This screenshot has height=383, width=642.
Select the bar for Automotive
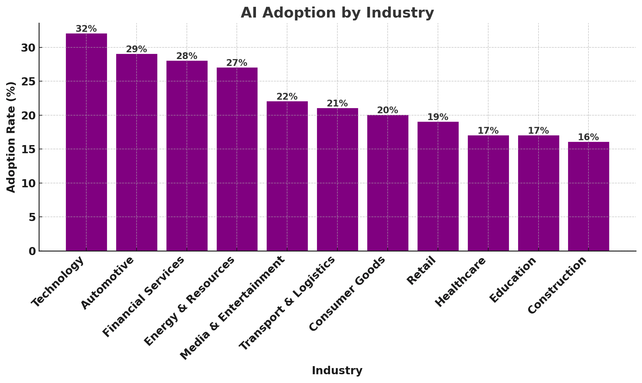(x=137, y=152)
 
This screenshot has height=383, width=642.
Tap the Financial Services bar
(x=187, y=156)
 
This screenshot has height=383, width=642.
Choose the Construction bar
(x=588, y=196)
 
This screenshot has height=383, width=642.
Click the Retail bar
(x=438, y=186)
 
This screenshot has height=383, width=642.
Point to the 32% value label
(x=86, y=29)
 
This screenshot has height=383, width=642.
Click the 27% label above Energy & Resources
(x=237, y=63)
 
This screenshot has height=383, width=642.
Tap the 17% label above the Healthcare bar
(x=488, y=131)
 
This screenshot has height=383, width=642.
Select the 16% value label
(x=588, y=137)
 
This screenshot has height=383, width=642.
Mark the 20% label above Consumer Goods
(x=388, y=110)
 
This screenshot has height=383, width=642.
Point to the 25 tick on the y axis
(x=28, y=81)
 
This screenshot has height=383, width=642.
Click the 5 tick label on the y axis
(x=32, y=217)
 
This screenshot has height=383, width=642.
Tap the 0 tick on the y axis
(x=32, y=251)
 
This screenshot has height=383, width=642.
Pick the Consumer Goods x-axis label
(x=347, y=294)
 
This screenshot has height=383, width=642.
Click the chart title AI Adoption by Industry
(x=337, y=13)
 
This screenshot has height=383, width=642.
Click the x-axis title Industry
(x=337, y=371)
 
